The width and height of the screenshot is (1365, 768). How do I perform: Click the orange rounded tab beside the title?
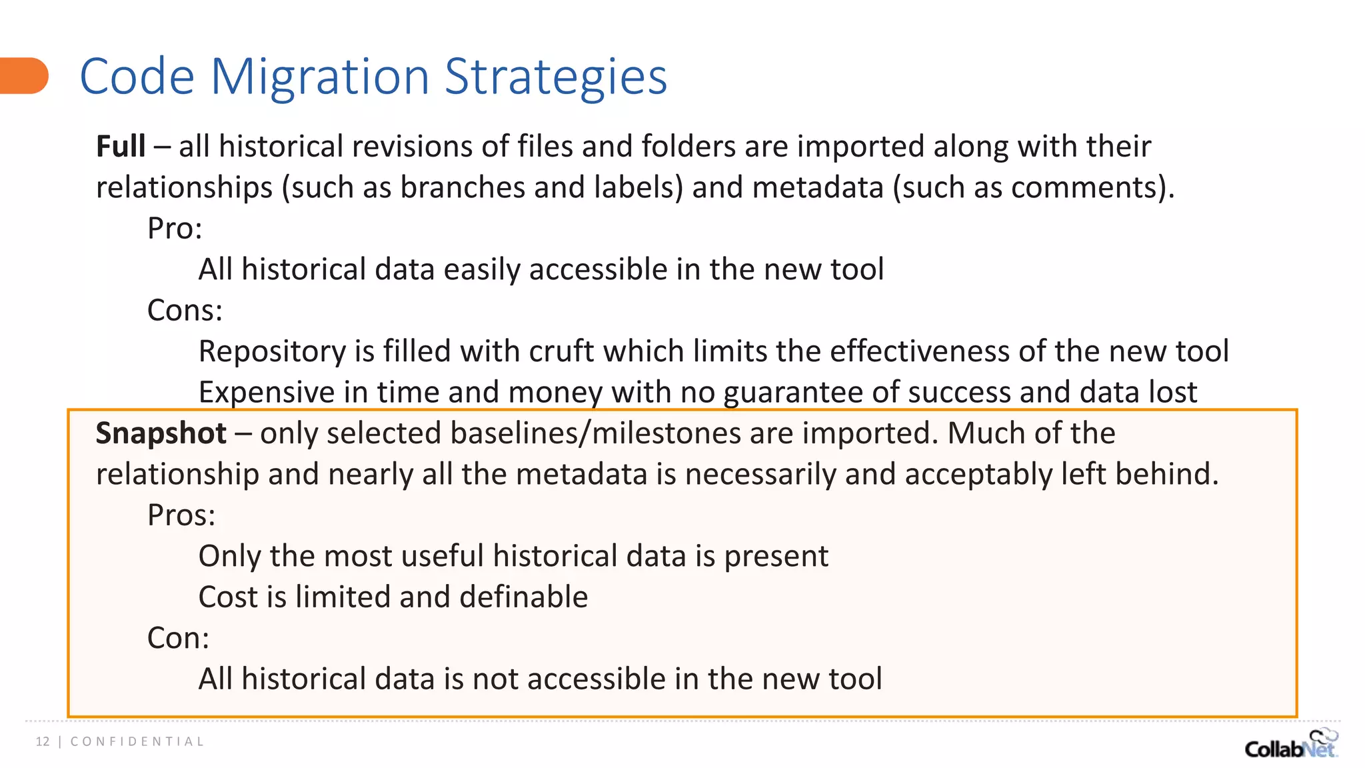[x=24, y=75]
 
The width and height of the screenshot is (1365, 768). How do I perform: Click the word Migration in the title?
[x=320, y=77]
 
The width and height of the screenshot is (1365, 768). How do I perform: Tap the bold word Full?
[x=121, y=146]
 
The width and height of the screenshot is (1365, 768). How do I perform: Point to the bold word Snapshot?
[x=161, y=433]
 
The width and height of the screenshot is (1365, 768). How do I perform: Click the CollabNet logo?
[x=1290, y=745]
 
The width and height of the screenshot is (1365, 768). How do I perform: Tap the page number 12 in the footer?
[x=43, y=741]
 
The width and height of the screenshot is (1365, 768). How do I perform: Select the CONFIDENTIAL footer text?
[x=137, y=741]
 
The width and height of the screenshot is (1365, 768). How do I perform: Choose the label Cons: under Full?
[x=185, y=311]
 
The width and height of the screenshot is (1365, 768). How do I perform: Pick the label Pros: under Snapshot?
[x=181, y=515]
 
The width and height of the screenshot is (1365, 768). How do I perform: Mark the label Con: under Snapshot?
[x=178, y=638]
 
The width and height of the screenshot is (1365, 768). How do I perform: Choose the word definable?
[x=523, y=597]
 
